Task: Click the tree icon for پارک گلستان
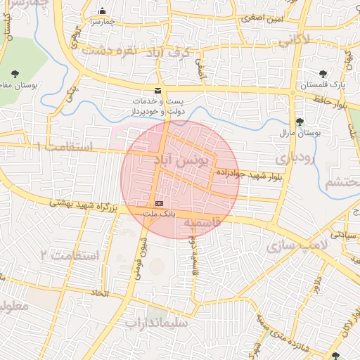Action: (x=323, y=73)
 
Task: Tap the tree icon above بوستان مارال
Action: (x=300, y=121)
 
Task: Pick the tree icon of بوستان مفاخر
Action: (x=15, y=72)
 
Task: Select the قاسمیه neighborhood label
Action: (x=202, y=222)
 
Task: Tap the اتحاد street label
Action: (x=100, y=292)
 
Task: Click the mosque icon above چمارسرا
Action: (x=103, y=11)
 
